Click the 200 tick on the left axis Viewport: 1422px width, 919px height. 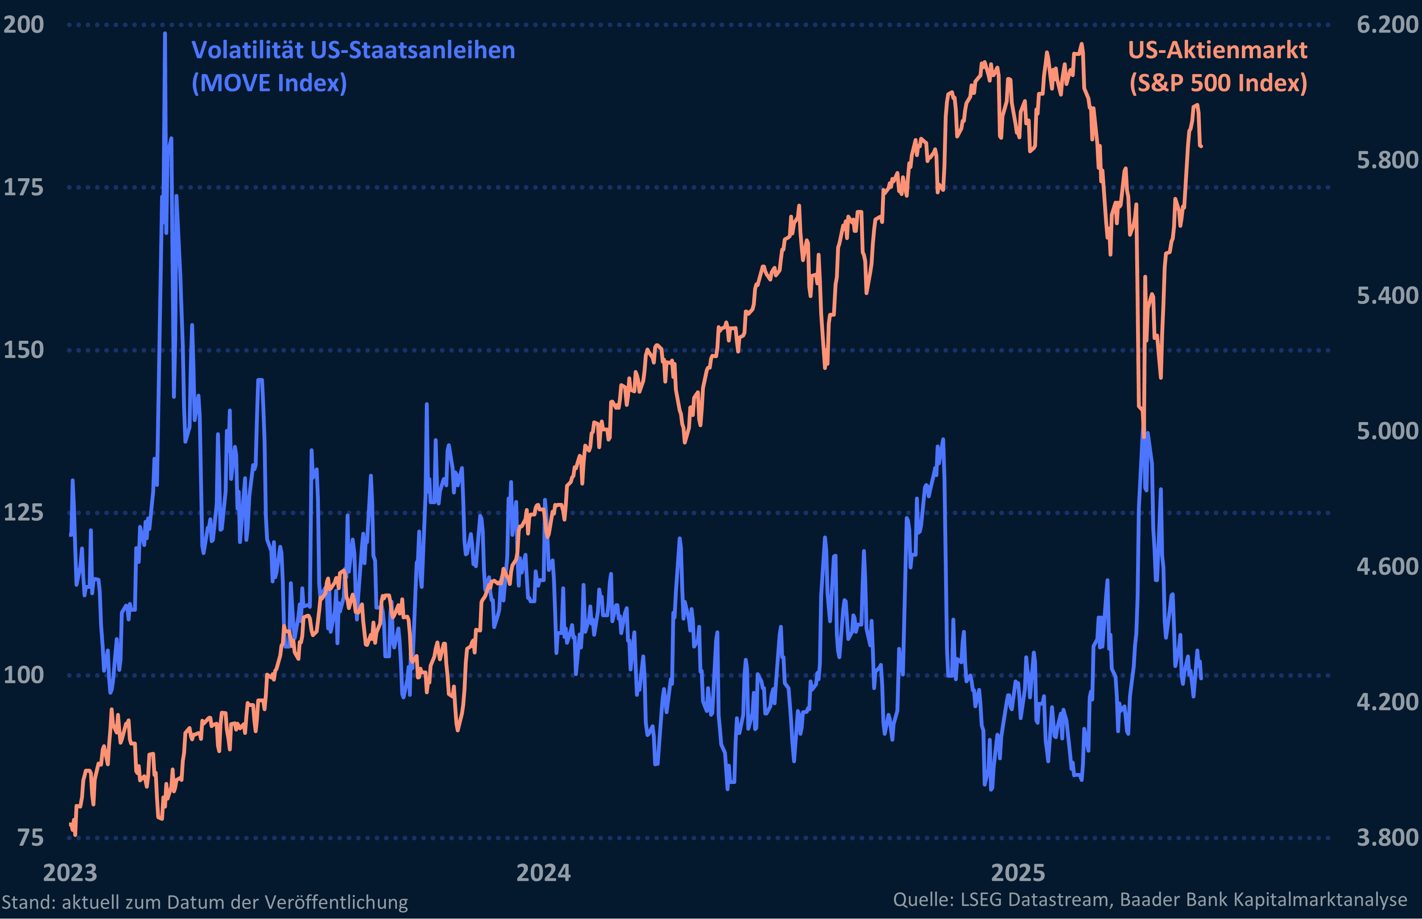[23, 25]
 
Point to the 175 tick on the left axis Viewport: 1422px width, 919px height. [23, 188]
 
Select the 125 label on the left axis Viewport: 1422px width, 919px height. [23, 512]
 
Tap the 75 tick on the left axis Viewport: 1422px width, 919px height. [30, 837]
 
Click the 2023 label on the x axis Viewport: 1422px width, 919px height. [70, 872]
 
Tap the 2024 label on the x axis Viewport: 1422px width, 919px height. [543, 872]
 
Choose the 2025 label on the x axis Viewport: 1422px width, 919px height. [1018, 872]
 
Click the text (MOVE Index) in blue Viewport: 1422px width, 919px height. [269, 83]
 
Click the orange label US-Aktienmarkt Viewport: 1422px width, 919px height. [1217, 50]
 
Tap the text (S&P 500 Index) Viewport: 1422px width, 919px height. [1218, 83]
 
